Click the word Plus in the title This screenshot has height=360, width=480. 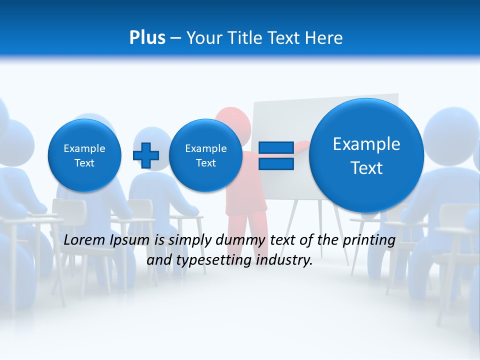point(147,38)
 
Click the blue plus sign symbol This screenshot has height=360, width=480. point(145,155)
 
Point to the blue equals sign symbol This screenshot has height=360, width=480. point(275,155)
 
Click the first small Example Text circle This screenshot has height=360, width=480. point(84,155)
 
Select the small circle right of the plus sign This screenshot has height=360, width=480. point(205,155)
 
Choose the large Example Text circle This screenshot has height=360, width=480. point(366,155)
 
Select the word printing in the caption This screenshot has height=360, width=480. point(369,240)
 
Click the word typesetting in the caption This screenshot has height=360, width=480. point(212,260)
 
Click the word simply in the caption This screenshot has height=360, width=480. point(189,240)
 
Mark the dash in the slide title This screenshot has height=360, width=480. point(175,38)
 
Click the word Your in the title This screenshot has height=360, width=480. point(204,38)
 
